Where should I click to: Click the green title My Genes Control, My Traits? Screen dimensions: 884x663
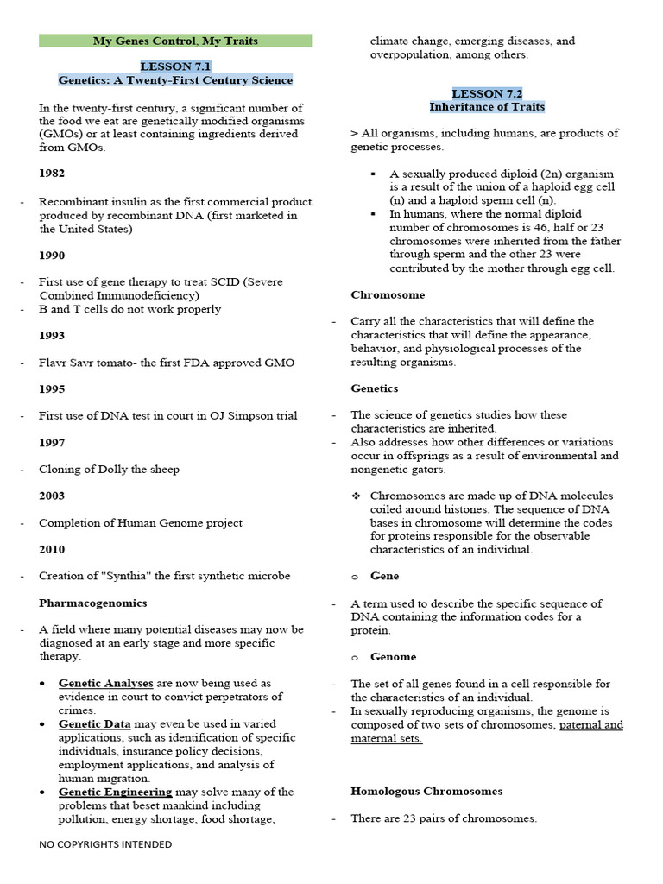(x=175, y=41)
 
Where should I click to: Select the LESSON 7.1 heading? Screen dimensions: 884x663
(x=175, y=66)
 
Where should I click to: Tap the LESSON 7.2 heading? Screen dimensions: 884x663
(x=487, y=93)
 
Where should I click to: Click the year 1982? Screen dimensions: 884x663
(x=52, y=174)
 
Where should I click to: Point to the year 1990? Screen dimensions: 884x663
(x=52, y=256)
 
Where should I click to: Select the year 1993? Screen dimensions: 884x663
(x=52, y=335)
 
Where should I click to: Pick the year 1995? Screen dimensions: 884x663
(x=52, y=389)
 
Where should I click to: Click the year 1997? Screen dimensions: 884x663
(x=52, y=442)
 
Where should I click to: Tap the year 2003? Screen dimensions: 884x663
(x=52, y=496)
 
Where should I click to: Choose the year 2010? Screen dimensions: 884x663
(x=52, y=549)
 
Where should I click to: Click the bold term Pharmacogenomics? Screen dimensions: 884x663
(x=93, y=603)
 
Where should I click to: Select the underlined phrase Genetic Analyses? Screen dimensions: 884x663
(x=106, y=683)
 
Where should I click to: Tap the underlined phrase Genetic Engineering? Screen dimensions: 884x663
(x=116, y=792)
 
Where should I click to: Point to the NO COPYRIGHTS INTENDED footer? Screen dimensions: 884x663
(x=105, y=844)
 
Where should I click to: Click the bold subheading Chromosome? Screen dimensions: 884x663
(x=388, y=294)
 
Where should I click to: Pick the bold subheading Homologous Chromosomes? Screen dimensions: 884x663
(x=426, y=791)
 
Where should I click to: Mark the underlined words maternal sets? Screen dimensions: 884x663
(x=387, y=738)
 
